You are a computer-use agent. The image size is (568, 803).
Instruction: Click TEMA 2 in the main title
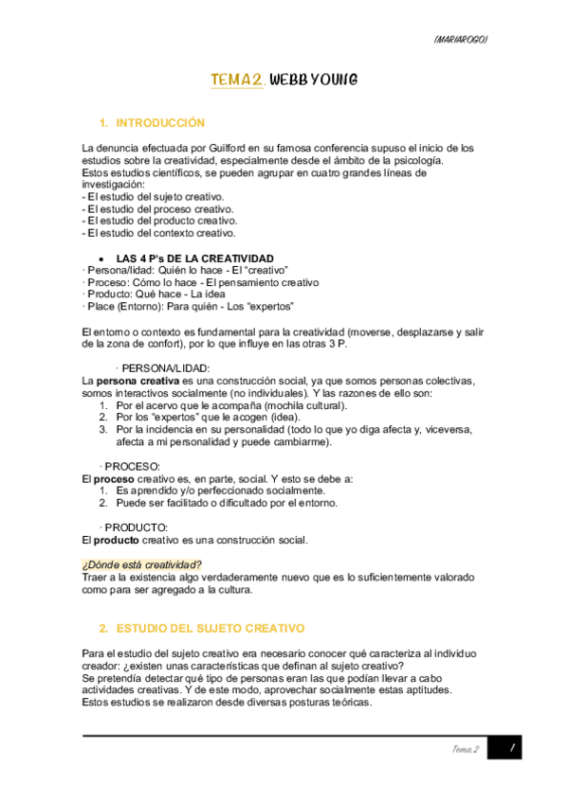[237, 81]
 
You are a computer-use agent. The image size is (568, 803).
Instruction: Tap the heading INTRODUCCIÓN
[160, 123]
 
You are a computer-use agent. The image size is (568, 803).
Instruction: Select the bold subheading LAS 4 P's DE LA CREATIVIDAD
[194, 259]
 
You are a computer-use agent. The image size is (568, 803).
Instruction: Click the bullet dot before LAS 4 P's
[101, 259]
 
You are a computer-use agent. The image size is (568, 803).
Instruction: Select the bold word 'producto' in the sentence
[119, 540]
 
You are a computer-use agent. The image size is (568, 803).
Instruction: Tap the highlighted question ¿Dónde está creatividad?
[142, 565]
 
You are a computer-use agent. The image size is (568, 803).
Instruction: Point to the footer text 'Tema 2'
[464, 749]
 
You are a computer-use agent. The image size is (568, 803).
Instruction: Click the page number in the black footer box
[510, 749]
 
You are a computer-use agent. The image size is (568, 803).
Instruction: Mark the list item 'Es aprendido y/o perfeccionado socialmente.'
[220, 491]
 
